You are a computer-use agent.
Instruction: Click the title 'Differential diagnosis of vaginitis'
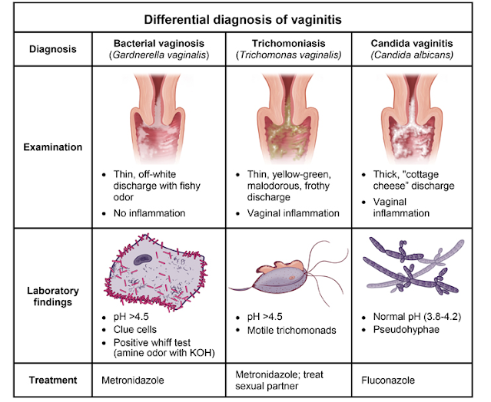[245, 16]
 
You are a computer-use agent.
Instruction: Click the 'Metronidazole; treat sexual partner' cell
[282, 378]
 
